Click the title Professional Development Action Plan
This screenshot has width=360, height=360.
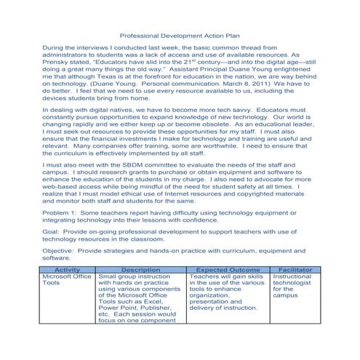(180, 34)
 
